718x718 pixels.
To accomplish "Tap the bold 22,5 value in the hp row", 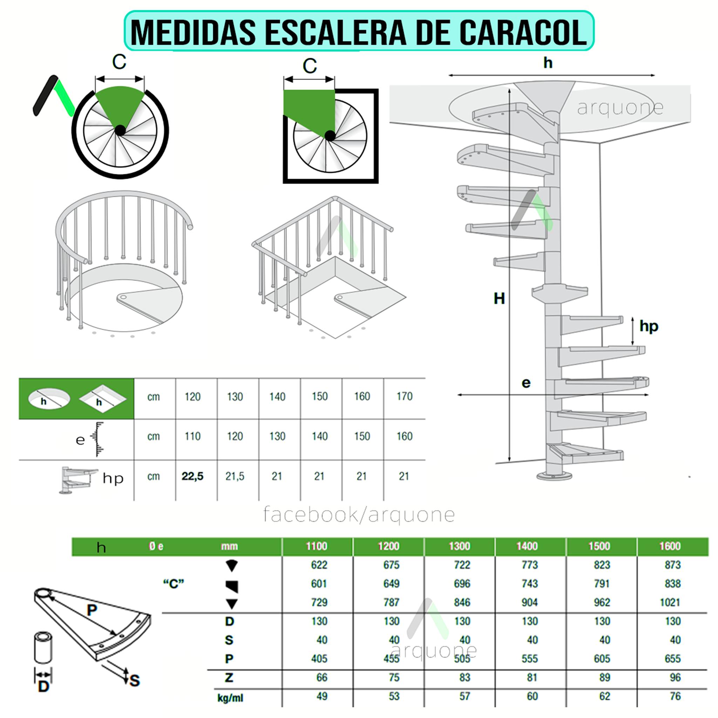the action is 192,476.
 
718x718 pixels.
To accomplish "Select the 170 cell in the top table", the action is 404,397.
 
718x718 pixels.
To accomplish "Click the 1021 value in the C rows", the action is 670,602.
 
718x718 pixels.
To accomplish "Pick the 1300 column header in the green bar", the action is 459,546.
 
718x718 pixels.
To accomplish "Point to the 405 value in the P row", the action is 319,659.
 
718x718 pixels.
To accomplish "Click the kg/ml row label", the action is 230,698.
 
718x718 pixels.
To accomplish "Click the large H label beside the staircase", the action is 499,298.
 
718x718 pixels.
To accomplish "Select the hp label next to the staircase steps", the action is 649,326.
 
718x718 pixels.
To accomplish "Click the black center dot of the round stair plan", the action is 120,130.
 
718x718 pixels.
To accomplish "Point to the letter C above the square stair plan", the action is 310,66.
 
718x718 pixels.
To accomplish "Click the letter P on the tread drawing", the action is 92,609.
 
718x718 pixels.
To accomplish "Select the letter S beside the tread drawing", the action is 135,680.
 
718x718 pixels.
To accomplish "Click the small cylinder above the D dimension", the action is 43,648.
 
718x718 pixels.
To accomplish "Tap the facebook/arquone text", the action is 359,515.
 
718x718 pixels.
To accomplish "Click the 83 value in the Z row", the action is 465,677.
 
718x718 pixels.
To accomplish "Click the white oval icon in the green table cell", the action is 49,399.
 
